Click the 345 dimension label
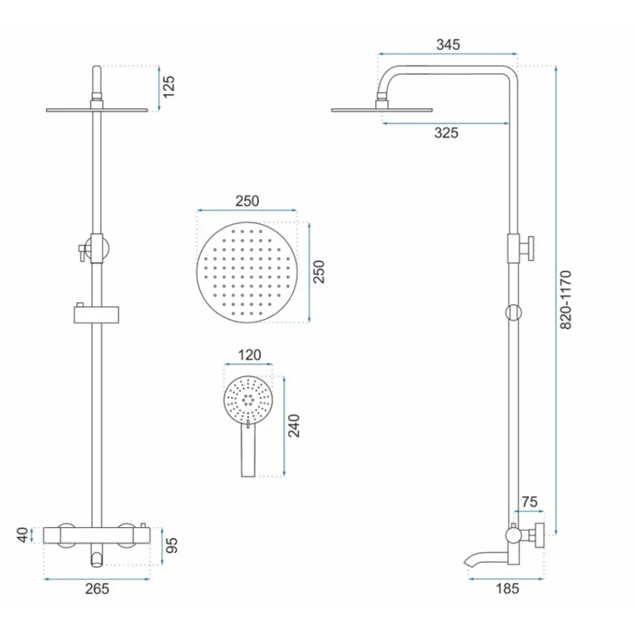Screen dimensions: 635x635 pos(448,44)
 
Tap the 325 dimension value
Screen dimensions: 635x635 pos(447,133)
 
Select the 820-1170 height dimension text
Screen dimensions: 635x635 pos(566,300)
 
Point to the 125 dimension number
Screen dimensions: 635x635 pos(168,86)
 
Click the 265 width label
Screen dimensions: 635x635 pos(97,589)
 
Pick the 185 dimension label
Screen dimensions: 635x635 pos(508,588)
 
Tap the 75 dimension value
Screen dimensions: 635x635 pos(529,502)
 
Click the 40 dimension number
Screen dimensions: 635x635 pos(23,535)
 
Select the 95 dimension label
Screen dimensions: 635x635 pos(172,545)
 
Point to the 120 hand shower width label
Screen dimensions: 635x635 pos(249,355)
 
